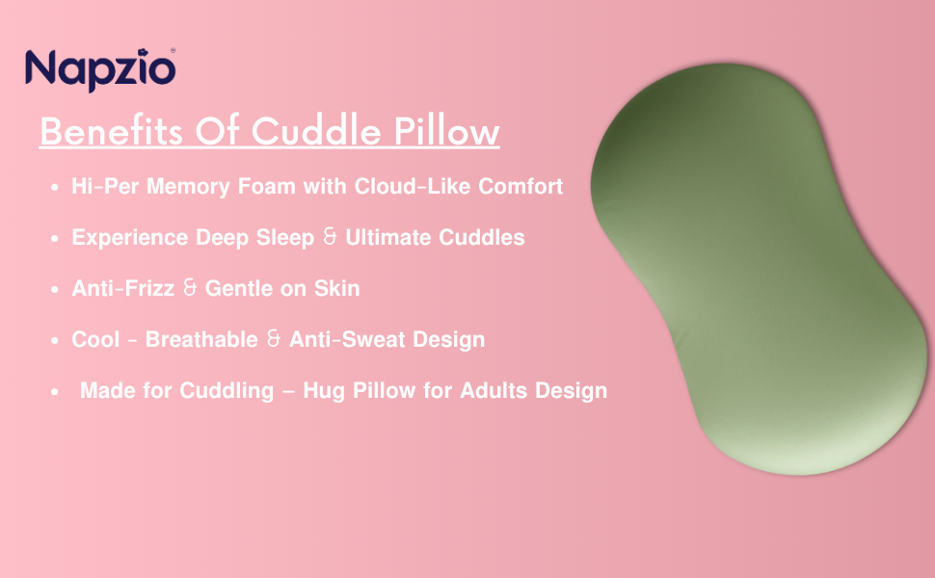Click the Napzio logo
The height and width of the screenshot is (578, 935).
tap(100, 70)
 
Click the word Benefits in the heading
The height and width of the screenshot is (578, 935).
tap(111, 130)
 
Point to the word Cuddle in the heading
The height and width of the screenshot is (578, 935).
tap(316, 130)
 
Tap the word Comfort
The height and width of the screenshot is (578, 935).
tap(521, 186)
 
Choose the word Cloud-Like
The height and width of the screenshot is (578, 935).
tap(413, 186)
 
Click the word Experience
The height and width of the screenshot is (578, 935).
tap(130, 238)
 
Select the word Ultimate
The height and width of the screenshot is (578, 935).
tap(388, 237)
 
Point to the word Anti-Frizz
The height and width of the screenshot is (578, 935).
tap(122, 288)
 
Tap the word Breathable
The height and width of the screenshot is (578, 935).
tap(201, 340)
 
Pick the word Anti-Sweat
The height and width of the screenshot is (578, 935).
tap(347, 340)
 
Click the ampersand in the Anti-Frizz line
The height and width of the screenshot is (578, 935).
tap(190, 288)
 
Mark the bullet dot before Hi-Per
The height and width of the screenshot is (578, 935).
tap(55, 187)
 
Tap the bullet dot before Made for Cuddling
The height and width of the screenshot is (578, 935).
tap(55, 392)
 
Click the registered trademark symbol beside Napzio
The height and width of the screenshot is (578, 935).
tap(173, 51)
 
